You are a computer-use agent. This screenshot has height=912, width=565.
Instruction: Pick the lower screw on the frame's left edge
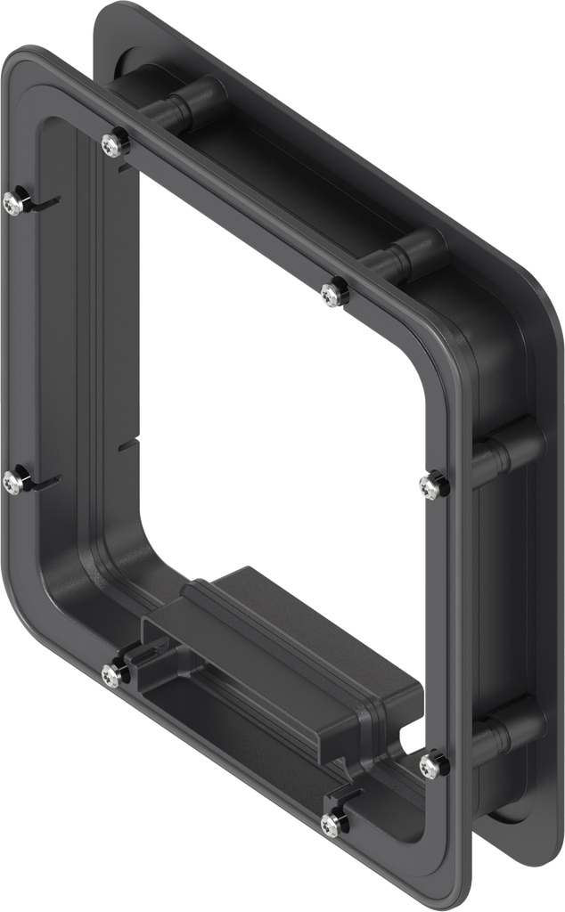13,481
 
